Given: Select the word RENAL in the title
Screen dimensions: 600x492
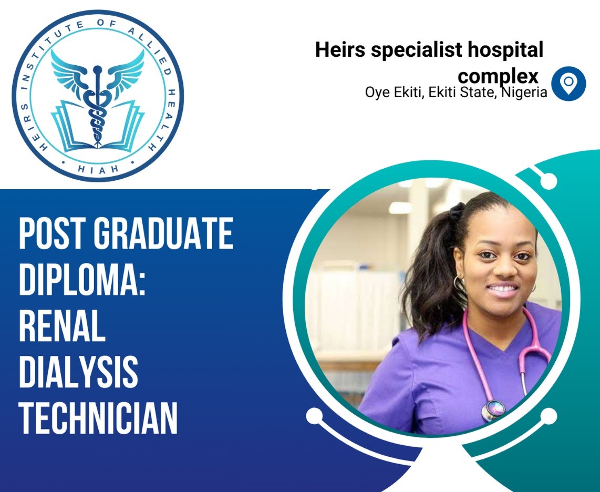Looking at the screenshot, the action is click(62, 325).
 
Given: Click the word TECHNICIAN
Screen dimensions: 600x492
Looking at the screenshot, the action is click(98, 417).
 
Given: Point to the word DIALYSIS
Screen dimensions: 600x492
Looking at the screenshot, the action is click(78, 372).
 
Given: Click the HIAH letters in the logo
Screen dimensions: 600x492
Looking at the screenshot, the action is click(98, 169).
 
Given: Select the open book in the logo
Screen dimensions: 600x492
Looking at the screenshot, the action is click(98, 126).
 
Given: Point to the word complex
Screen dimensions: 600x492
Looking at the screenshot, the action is click(498, 76).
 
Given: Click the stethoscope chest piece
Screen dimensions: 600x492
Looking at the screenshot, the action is click(493, 410).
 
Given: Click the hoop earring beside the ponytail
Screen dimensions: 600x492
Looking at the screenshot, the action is click(459, 284).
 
